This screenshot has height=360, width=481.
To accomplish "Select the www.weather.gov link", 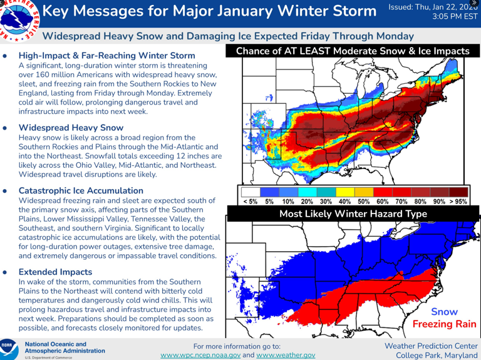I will pyautogui.click(x=286, y=355).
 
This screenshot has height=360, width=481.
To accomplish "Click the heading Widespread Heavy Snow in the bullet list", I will pyautogui.click(x=71, y=127).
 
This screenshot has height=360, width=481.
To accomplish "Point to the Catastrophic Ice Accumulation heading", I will pyautogui.click(x=81, y=190).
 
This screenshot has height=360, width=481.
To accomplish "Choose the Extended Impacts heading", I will pyautogui.click(x=55, y=272).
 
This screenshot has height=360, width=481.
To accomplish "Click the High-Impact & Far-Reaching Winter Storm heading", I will pyautogui.click(x=106, y=56).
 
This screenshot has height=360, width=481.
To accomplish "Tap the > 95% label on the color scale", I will pyautogui.click(x=460, y=202).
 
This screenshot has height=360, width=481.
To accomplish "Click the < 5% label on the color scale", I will pyautogui.click(x=249, y=202).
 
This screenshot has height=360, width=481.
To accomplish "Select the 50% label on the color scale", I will pyautogui.click(x=364, y=202).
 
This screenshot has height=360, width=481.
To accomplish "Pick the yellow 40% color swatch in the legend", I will pyautogui.click(x=344, y=190).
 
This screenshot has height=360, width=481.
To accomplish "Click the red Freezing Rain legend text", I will pyautogui.click(x=443, y=324).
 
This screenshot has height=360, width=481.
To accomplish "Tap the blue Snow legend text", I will pyautogui.click(x=444, y=312).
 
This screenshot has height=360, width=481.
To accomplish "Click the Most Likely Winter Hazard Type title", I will pyautogui.click(x=353, y=214).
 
